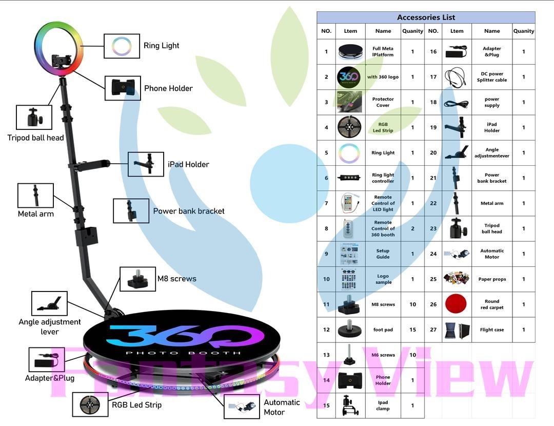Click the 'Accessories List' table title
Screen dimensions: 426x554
coord(426,17)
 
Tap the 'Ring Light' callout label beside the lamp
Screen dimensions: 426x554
coord(161,46)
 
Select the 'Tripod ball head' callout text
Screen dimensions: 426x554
coord(35,138)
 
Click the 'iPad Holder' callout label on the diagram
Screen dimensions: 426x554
coord(188,164)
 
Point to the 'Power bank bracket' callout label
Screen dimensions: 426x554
coord(188,211)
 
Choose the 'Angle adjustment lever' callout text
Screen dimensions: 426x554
coord(50,326)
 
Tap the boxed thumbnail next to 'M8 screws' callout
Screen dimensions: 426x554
coord(137,279)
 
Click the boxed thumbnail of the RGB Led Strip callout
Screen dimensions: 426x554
coord(90,405)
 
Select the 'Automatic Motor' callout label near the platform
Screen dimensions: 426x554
coord(282,407)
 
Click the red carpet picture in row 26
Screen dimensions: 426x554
coord(456,304)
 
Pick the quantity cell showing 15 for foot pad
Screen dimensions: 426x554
coord(412,330)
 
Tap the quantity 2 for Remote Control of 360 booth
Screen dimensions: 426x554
coord(412,228)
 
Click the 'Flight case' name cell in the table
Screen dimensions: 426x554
coord(491,330)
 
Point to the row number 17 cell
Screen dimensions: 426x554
coord(433,77)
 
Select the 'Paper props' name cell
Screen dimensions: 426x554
coord(491,279)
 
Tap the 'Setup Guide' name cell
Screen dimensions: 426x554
coord(383,254)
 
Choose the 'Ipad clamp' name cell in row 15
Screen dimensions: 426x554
coord(383,405)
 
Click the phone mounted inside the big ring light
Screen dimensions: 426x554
coord(62,61)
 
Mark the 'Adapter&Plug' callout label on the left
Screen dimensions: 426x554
coord(50,378)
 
